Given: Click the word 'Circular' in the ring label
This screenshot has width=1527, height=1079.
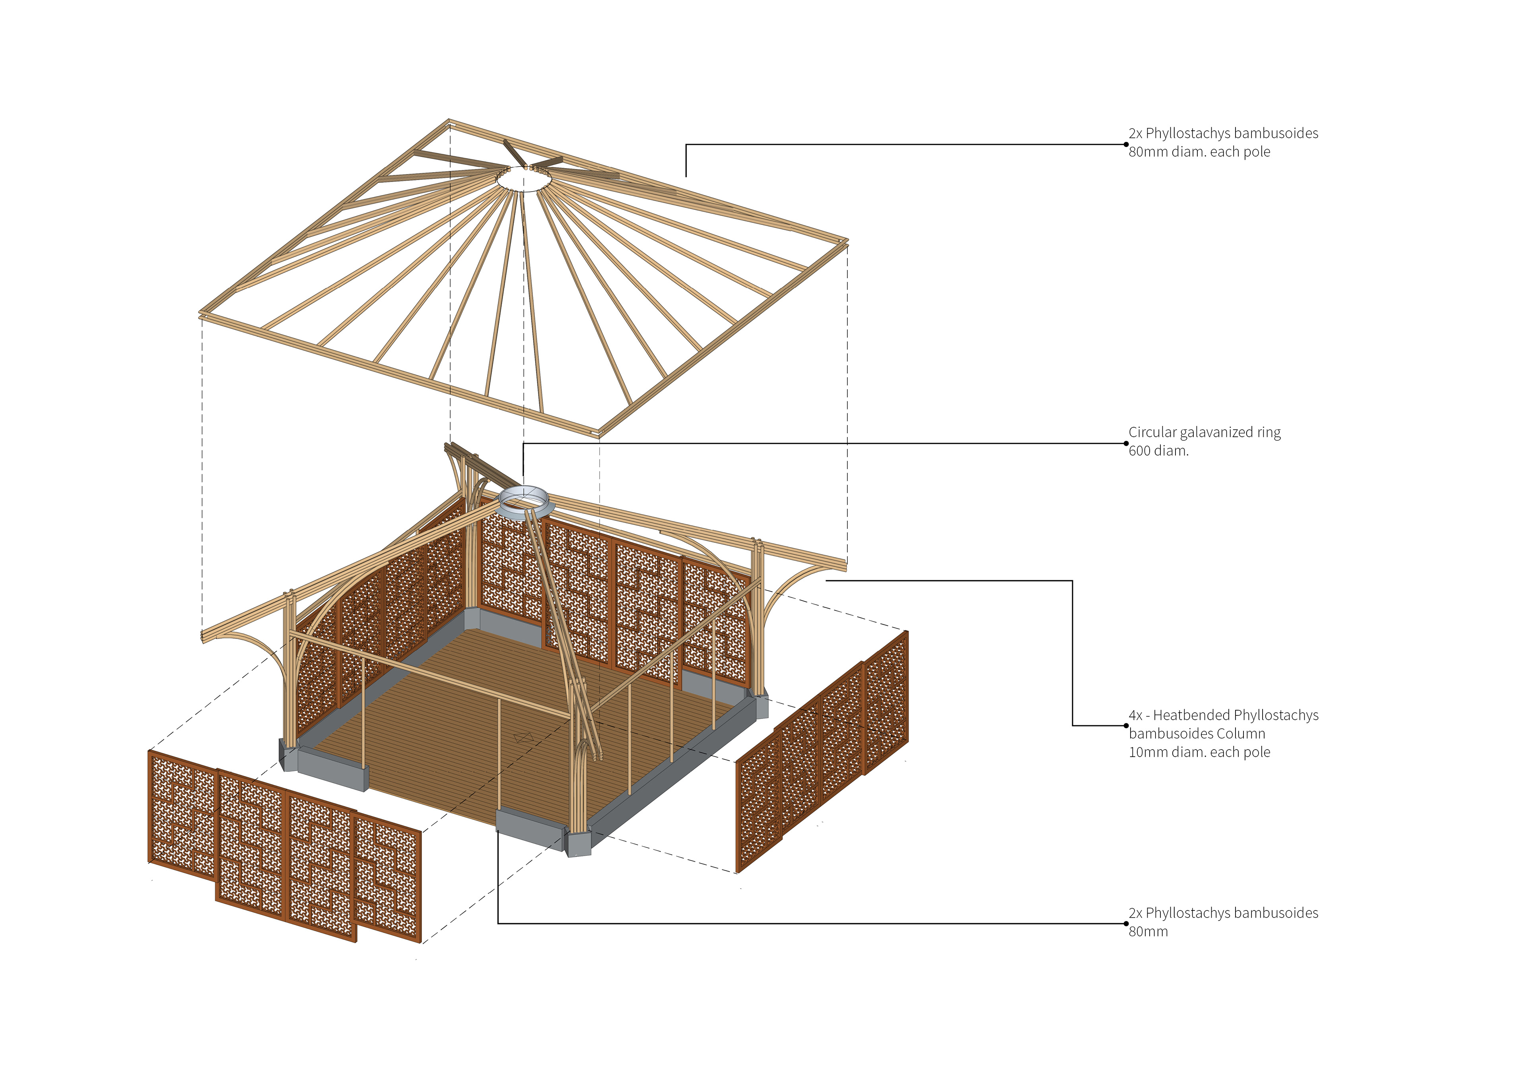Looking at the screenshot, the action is pos(1152,433).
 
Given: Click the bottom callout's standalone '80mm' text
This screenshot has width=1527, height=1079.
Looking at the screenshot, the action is pos(1148,932).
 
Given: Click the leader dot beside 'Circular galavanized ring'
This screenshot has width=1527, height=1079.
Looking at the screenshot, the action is pos(1126,444).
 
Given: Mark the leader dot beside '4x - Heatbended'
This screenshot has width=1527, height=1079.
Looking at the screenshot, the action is pos(1126,725).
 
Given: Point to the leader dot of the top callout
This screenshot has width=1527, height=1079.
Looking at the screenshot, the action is pos(1126,144).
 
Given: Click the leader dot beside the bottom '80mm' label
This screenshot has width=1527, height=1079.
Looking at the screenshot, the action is pos(1126,924).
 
